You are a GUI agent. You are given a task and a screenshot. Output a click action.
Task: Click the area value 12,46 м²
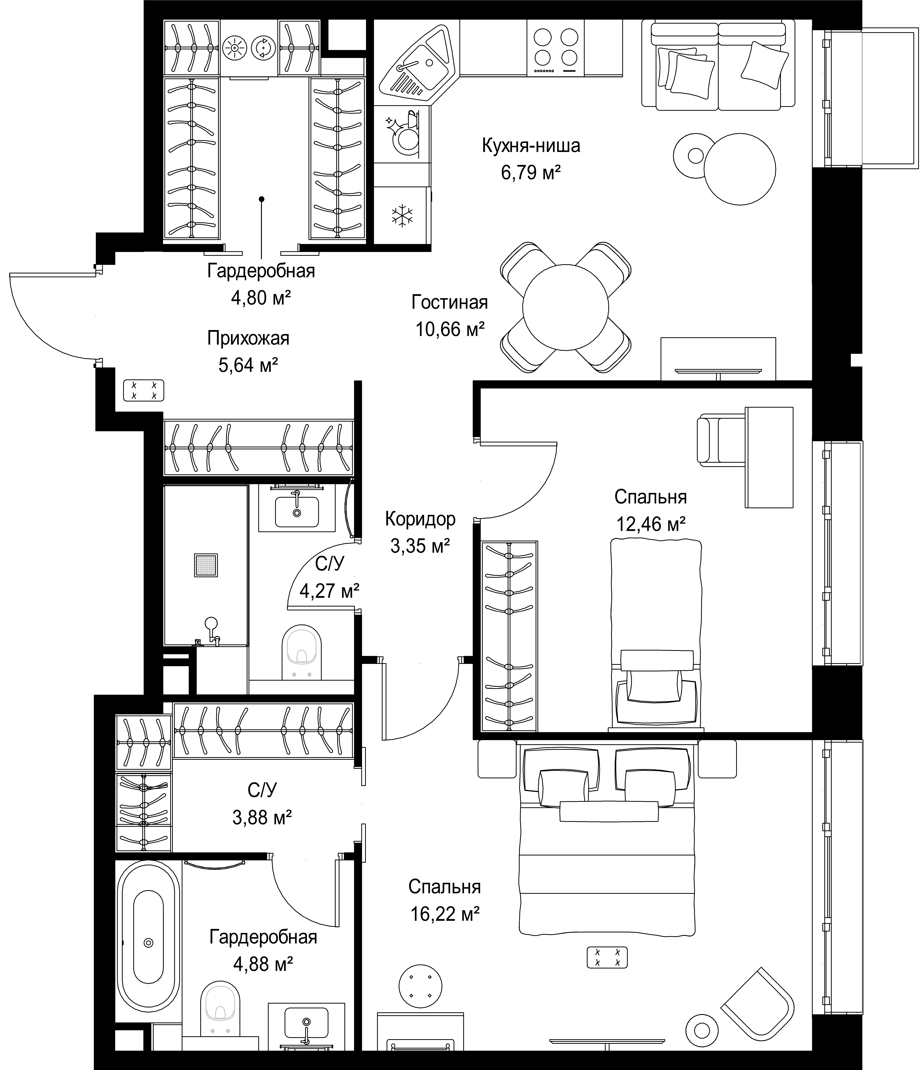click(650, 524)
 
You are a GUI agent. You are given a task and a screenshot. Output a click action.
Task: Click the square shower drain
click(206, 565)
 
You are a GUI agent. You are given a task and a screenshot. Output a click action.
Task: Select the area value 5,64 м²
click(248, 365)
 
